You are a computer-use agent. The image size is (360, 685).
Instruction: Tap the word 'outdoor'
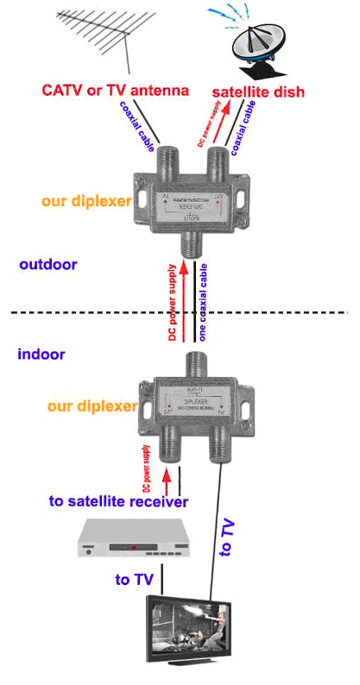[48, 264]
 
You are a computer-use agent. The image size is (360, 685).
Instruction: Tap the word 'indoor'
[41, 354]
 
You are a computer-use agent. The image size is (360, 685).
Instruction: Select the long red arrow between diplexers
[184, 302]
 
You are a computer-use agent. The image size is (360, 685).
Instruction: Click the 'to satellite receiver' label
[118, 500]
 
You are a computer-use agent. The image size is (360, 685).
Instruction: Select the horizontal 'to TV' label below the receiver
[135, 580]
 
